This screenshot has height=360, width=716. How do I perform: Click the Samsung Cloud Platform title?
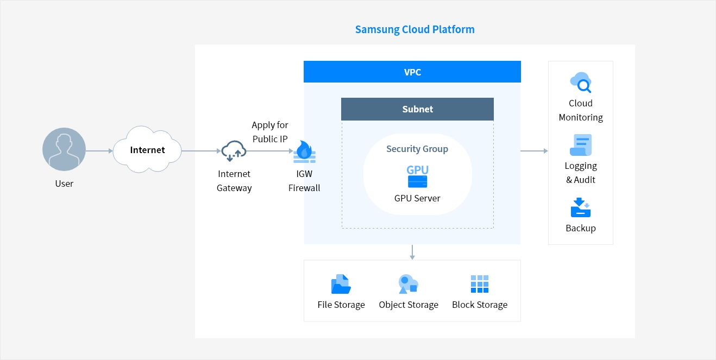(x=414, y=30)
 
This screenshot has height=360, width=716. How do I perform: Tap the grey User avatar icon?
(x=64, y=150)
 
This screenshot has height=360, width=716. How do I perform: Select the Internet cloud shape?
(x=147, y=150)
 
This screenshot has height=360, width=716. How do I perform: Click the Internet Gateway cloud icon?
(x=234, y=150)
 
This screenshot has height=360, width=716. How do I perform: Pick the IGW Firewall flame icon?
(x=304, y=151)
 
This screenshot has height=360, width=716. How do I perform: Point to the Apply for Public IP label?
(x=270, y=132)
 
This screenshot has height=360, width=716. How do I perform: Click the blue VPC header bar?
(x=412, y=72)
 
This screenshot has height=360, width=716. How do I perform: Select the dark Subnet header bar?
(x=417, y=109)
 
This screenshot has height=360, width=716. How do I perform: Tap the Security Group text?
(x=417, y=149)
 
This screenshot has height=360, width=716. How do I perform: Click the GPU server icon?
(x=417, y=175)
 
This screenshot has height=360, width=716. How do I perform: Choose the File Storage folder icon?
(x=341, y=284)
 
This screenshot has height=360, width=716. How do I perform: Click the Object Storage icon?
(x=408, y=284)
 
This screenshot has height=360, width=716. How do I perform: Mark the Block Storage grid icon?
(x=480, y=284)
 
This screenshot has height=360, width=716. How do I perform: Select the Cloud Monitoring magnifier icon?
(x=581, y=83)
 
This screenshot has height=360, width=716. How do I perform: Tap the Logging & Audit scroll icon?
(x=581, y=145)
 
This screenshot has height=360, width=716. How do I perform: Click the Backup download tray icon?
(x=581, y=208)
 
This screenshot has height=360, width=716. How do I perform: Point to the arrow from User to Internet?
(x=99, y=150)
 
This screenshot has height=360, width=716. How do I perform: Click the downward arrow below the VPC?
(x=412, y=252)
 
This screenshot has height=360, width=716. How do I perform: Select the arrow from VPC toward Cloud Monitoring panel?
(x=534, y=151)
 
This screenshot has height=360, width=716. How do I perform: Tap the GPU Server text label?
(x=417, y=198)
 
